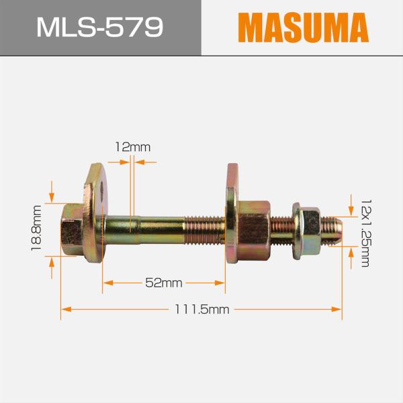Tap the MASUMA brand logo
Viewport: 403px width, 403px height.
click(x=303, y=28)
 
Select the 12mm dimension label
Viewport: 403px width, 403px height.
click(x=132, y=146)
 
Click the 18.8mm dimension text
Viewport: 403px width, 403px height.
click(x=36, y=228)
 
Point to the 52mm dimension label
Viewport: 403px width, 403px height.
click(x=164, y=283)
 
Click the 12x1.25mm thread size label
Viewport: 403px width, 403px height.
click(x=365, y=232)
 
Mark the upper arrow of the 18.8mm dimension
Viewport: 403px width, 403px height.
click(x=52, y=195)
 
